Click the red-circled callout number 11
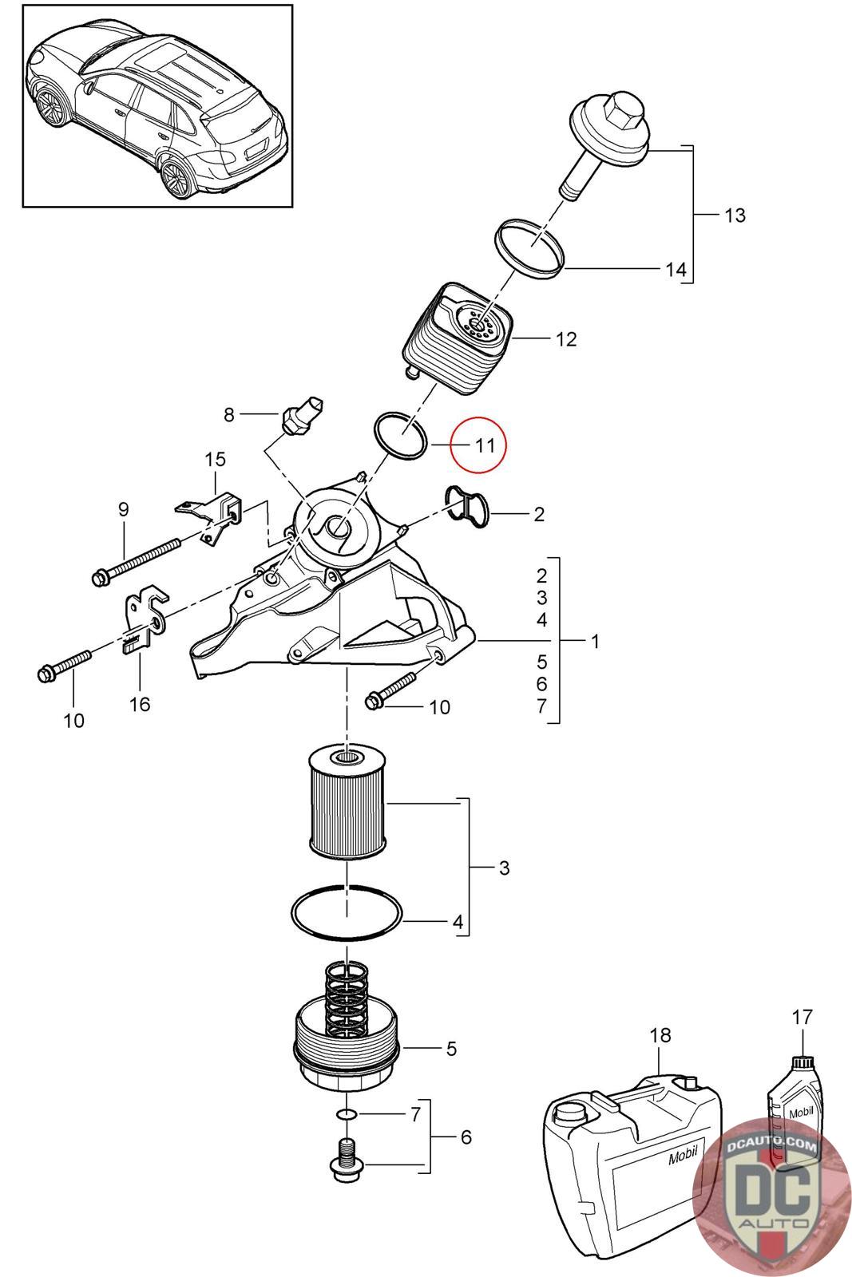coord(485,444)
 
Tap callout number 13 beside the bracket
coord(735,215)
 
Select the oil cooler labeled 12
coord(460,338)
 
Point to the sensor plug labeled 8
coord(303,414)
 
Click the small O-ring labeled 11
coord(400,436)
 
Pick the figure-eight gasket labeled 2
coord(467,507)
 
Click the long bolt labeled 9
coord(137,562)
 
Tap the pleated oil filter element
coord(347,804)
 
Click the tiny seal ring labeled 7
coord(347,1114)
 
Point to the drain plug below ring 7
coord(347,1161)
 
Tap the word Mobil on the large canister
coord(684,1153)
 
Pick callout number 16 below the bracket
coord(140,705)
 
